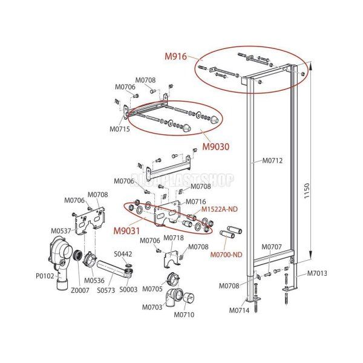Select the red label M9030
216,146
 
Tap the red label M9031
127,231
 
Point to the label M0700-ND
226,255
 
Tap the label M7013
316,273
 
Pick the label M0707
272,247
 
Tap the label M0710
184,315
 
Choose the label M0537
60,231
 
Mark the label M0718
174,238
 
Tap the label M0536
94,280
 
